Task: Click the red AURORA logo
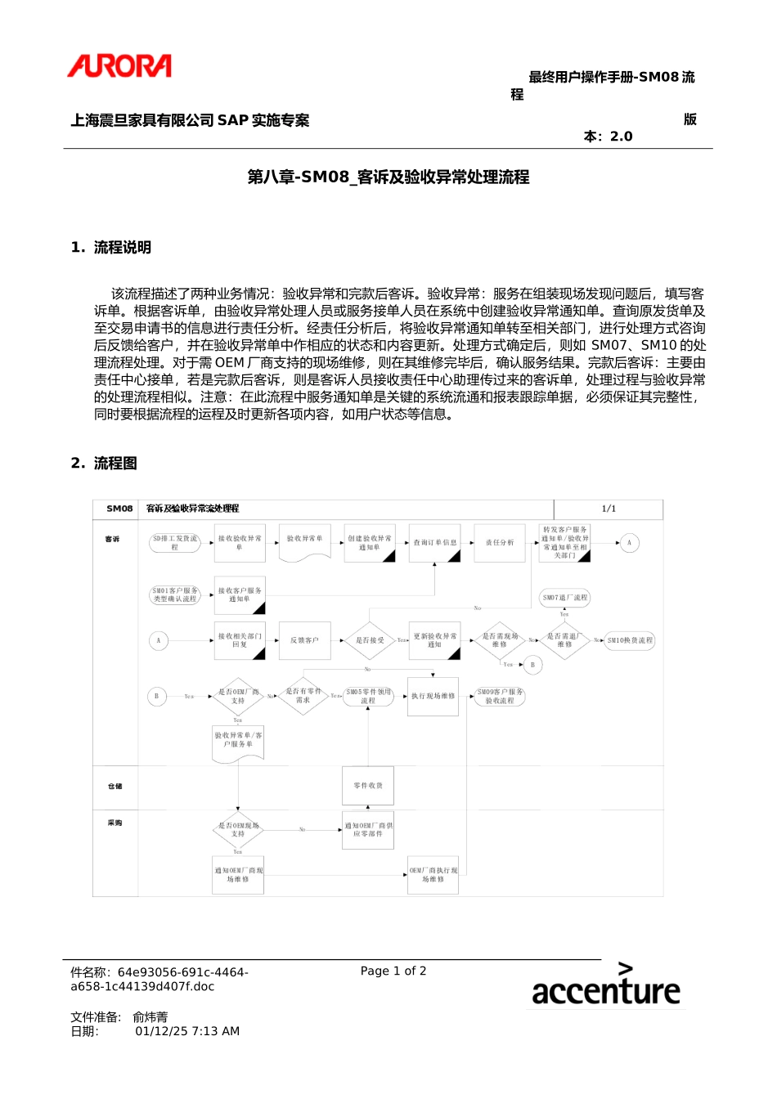tap(119, 66)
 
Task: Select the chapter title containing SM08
tap(388, 177)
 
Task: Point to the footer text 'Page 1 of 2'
tap(393, 971)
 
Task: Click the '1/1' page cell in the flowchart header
tap(609, 509)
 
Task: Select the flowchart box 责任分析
tap(500, 543)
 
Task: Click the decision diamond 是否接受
tap(370, 640)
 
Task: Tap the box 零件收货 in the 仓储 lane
tap(368, 786)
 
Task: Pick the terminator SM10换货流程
tap(630, 640)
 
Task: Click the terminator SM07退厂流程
tap(565, 598)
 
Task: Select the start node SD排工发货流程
tap(175, 543)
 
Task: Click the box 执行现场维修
tap(433, 697)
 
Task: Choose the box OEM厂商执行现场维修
tap(433, 875)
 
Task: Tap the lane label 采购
tap(115, 823)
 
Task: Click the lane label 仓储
tap(115, 786)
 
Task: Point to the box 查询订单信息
tap(434, 543)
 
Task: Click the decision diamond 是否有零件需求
tap(303, 696)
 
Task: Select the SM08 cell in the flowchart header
tap(119, 509)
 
